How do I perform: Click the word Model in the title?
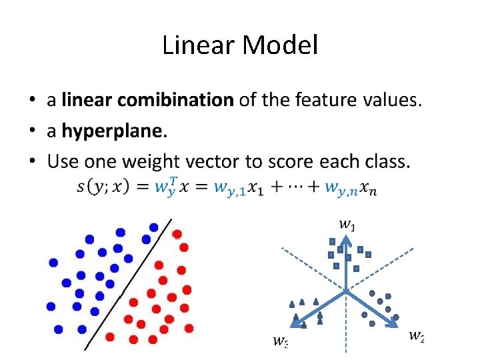[x=280, y=46]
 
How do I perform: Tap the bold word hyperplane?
[x=112, y=131]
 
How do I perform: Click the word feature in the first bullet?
[x=293, y=101]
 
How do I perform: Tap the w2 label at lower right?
[x=416, y=335]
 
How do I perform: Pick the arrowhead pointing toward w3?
[x=297, y=324]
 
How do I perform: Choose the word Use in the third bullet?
[x=62, y=162]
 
